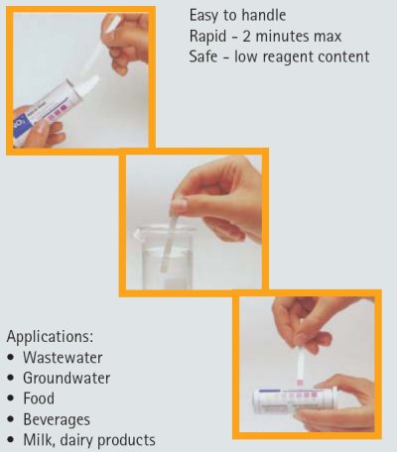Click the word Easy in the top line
[203, 16]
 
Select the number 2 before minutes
[247, 36]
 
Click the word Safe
[203, 56]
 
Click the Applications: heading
[50, 337]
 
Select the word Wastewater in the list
[63, 358]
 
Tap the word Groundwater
[66, 378]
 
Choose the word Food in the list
[39, 398]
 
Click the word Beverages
[57, 419]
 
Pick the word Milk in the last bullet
[37, 440]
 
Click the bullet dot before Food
[11, 398]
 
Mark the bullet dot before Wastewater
[11, 358]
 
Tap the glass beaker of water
[163, 256]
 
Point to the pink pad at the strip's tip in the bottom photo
[300, 383]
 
